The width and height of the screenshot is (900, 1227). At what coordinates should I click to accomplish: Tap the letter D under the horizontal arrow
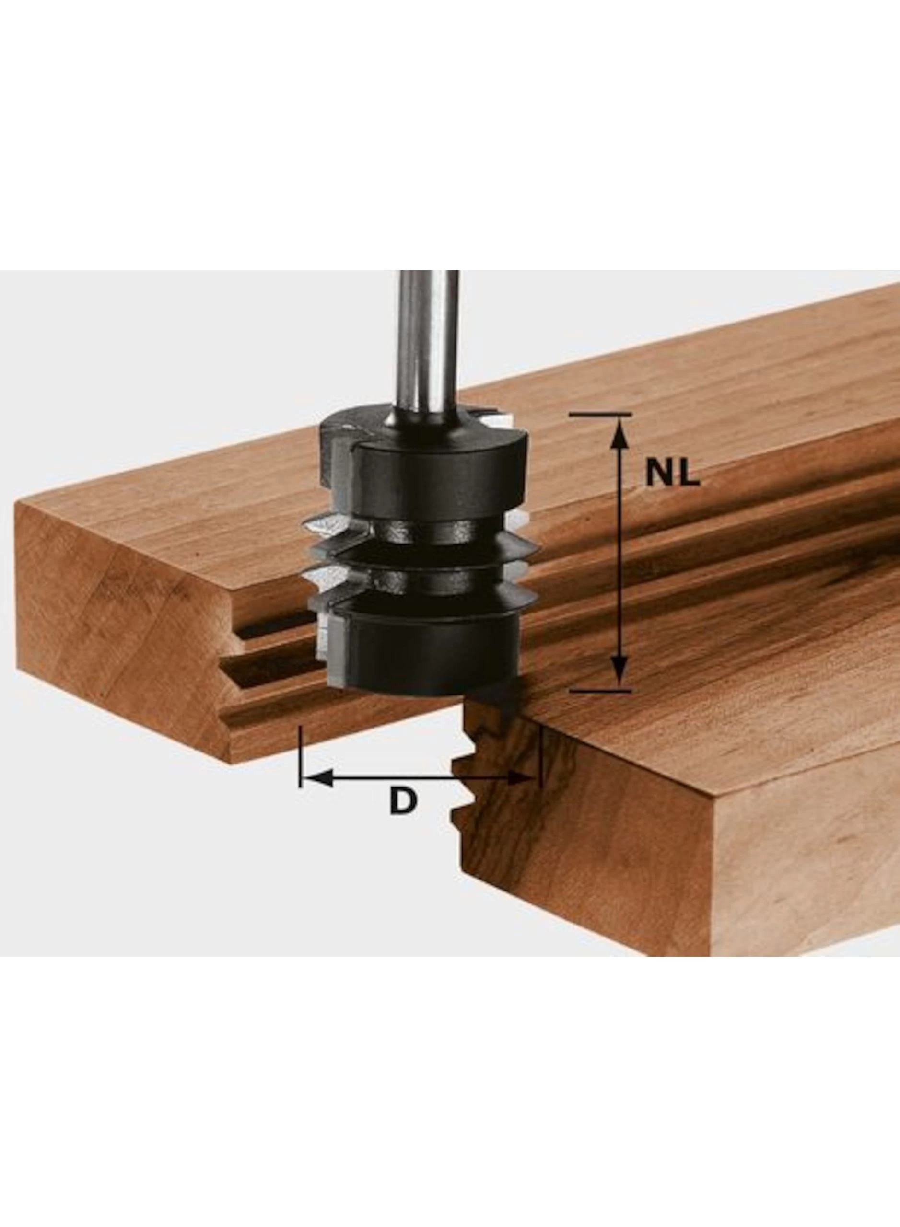(x=403, y=801)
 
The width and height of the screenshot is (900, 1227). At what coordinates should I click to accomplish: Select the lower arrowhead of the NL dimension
(x=617, y=672)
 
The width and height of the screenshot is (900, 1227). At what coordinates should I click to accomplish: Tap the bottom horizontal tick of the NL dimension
(x=603, y=691)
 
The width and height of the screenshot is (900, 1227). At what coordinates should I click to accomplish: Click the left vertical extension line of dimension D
(x=300, y=756)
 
